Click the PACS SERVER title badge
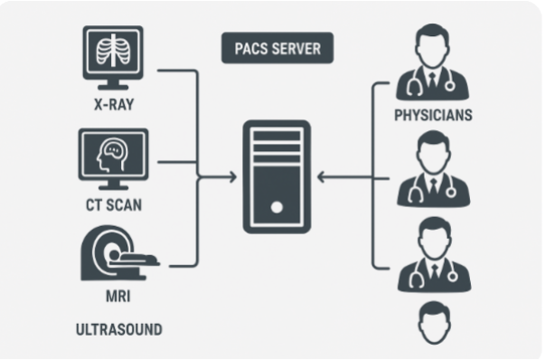tap(277, 49)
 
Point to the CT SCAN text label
tap(113, 204)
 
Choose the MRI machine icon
tap(113, 252)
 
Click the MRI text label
tap(113, 297)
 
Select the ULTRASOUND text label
tap(118, 329)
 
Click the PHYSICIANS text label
tap(433, 117)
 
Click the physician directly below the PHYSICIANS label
tap(433, 172)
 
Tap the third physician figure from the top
tap(433, 259)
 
